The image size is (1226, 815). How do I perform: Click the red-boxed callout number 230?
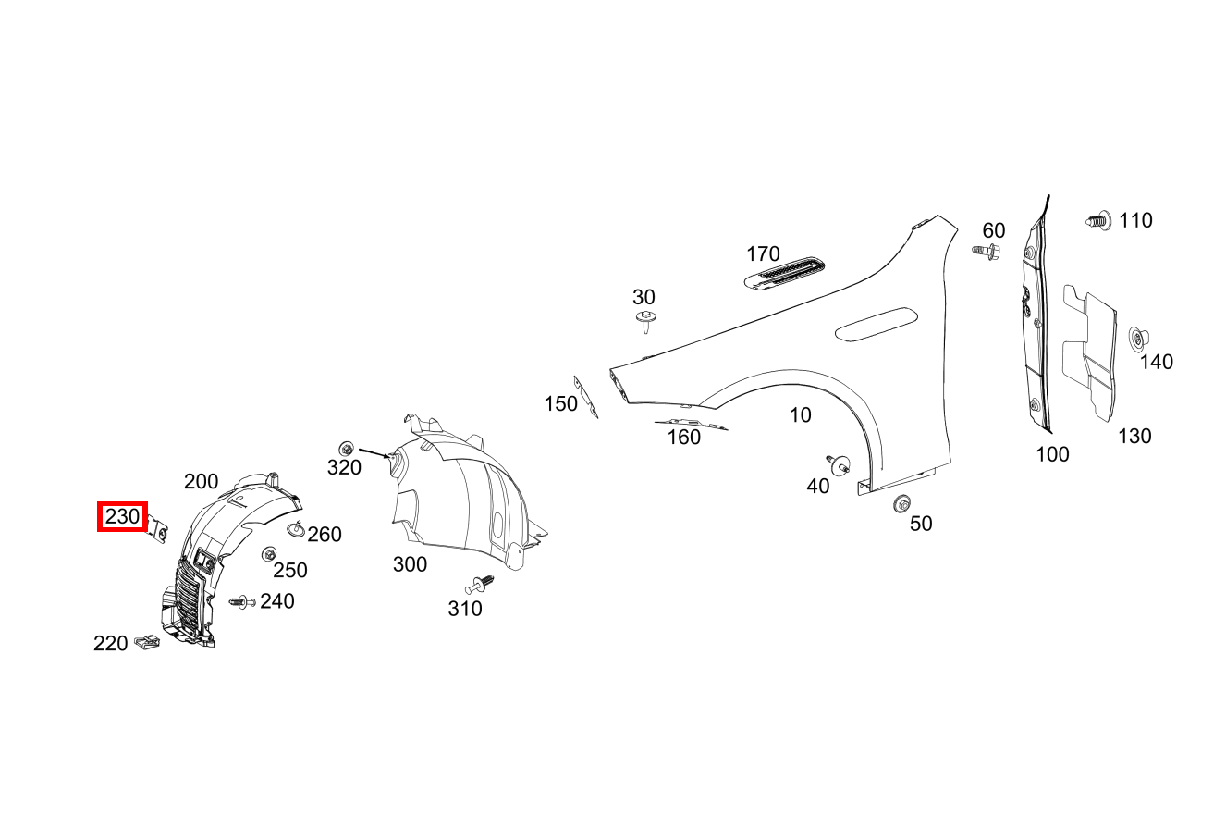(x=122, y=516)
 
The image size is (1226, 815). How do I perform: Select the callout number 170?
(x=763, y=254)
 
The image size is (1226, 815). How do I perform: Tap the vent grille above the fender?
(x=784, y=273)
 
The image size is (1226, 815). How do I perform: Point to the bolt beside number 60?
(x=987, y=252)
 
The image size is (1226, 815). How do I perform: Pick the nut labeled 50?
(x=901, y=503)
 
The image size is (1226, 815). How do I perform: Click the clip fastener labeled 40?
(x=839, y=464)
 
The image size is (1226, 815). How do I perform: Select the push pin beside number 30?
(x=646, y=322)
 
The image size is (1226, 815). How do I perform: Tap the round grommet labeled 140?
(x=1138, y=339)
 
